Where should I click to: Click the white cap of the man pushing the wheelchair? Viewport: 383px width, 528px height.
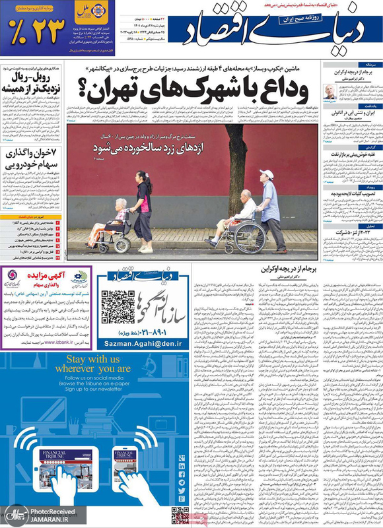point(266,174)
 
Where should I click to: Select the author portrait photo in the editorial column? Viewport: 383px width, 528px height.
point(328,92)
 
